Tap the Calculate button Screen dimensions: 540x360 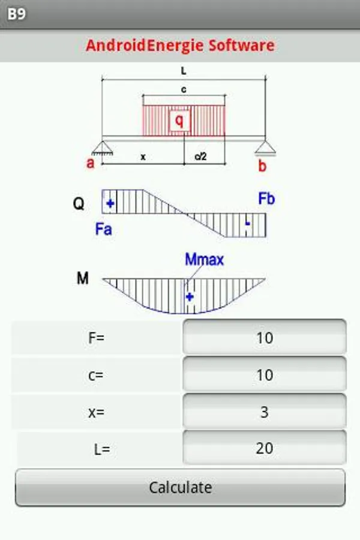[x=180, y=487]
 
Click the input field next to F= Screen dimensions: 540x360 [x=264, y=338]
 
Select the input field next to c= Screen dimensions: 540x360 [x=264, y=375]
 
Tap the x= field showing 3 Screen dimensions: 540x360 [x=264, y=412]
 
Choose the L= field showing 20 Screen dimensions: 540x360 [x=264, y=448]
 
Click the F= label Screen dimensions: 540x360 [x=96, y=338]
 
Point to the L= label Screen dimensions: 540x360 [x=102, y=449]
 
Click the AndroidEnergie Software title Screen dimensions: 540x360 [x=180, y=46]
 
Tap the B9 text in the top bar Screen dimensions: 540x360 [x=17, y=14]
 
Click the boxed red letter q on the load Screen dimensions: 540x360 [x=179, y=121]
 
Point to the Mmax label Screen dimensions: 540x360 [x=204, y=260]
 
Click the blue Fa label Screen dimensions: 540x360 [x=103, y=229]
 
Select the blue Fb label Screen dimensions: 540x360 [x=266, y=199]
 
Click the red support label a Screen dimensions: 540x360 [x=91, y=163]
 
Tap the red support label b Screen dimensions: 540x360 [x=262, y=166]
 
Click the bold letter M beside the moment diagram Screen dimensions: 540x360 [x=83, y=279]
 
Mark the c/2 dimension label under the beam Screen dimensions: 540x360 [x=200, y=157]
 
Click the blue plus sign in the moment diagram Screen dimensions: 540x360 [x=190, y=296]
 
